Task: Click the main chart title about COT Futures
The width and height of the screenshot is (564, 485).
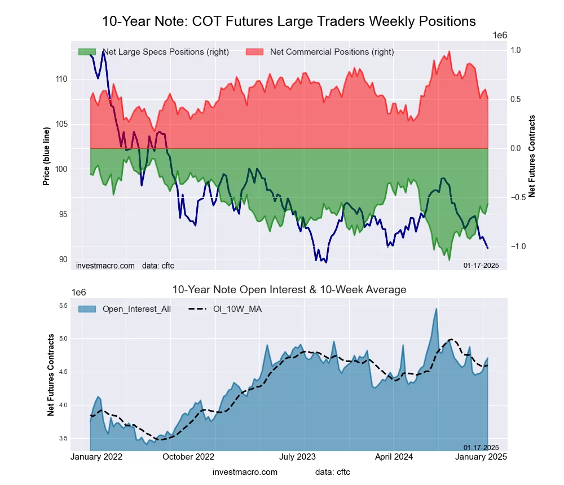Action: [x=289, y=21]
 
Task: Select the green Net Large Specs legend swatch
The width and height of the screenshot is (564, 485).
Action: [x=86, y=52]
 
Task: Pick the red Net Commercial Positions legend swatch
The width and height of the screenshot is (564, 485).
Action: [x=255, y=52]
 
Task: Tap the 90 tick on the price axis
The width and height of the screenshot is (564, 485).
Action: [x=63, y=259]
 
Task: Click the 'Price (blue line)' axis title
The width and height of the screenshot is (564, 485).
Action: [x=46, y=157]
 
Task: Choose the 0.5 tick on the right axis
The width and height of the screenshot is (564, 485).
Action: [x=515, y=99]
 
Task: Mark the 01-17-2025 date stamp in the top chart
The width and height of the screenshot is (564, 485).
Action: [x=481, y=265]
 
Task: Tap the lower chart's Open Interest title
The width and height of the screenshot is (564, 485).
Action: [x=289, y=290]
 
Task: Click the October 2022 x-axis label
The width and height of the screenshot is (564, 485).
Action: [x=188, y=456]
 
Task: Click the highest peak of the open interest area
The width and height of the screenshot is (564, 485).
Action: [x=437, y=308]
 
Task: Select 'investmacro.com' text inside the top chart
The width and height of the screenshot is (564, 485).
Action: [x=105, y=265]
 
